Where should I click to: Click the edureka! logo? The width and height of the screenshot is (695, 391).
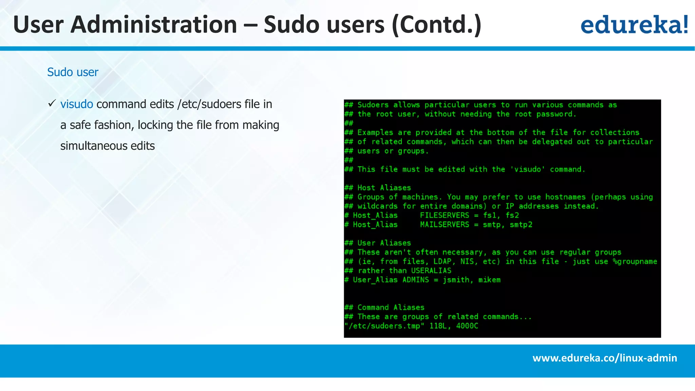(634, 24)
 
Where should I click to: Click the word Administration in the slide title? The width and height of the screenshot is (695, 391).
(153, 24)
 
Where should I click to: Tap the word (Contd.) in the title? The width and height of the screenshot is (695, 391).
(436, 24)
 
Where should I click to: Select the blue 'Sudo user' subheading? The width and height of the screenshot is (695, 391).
(73, 72)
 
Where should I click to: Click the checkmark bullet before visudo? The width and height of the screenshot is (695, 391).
(52, 103)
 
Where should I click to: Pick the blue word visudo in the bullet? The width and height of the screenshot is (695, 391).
(77, 104)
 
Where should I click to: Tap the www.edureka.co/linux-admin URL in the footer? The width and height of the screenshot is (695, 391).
(604, 358)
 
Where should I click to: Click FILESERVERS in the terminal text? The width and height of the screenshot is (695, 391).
(445, 215)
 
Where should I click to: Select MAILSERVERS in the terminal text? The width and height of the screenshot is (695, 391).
(445, 224)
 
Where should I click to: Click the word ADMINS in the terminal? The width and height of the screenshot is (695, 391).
(415, 280)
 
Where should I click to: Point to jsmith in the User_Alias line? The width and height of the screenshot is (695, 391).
(456, 280)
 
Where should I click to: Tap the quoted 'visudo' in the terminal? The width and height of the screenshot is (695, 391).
(527, 169)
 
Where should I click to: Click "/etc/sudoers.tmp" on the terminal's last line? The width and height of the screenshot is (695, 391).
(384, 326)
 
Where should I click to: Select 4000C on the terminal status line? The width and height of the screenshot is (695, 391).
(467, 326)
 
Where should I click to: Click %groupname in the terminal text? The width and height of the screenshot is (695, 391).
(635, 261)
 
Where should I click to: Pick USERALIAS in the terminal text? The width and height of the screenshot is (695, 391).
(431, 271)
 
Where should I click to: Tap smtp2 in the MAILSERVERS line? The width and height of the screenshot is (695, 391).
(521, 224)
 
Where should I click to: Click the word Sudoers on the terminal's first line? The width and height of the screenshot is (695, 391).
(373, 105)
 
